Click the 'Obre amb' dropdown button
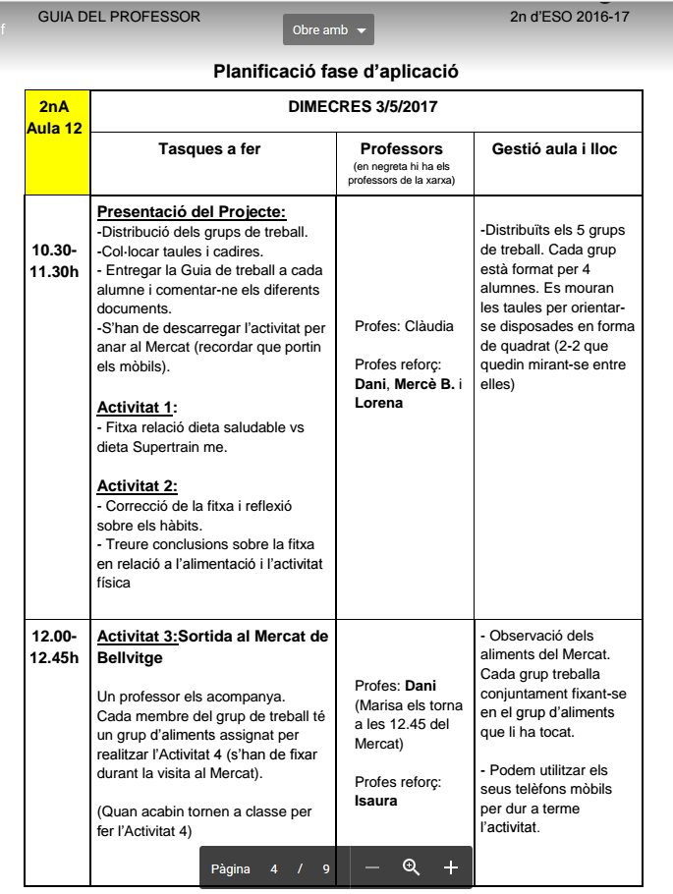(328, 30)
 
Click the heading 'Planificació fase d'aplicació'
(336, 72)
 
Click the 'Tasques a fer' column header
(209, 149)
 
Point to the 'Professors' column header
(401, 149)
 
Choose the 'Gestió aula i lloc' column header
(554, 149)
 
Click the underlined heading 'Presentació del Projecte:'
(192, 212)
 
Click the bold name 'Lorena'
(379, 402)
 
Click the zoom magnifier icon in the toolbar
(412, 867)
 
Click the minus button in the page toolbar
(372, 867)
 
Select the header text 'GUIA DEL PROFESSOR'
(119, 17)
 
